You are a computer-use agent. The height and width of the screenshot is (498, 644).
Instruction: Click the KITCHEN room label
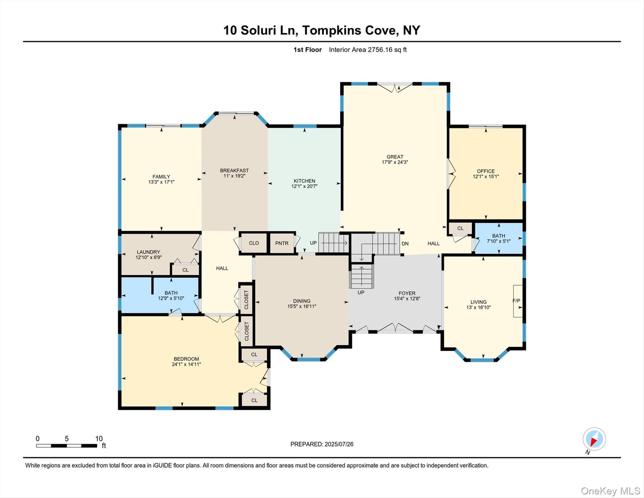(304, 181)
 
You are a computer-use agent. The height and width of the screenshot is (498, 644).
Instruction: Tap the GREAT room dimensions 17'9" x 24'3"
(395, 162)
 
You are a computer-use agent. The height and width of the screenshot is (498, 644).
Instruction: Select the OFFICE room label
(486, 171)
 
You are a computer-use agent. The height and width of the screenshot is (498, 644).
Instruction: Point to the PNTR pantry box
(282, 243)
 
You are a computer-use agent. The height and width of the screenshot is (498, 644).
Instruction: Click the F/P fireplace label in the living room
(516, 301)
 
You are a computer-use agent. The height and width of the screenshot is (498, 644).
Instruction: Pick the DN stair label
(405, 243)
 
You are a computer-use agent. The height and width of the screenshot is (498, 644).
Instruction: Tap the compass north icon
(594, 439)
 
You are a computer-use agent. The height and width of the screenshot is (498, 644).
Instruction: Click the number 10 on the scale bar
(99, 439)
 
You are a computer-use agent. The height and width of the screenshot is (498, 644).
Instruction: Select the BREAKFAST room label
(234, 171)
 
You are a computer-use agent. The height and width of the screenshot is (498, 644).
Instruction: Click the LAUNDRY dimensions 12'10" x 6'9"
(148, 257)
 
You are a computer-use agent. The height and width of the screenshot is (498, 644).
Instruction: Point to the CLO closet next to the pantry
(254, 243)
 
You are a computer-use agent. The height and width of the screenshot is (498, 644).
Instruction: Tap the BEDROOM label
(186, 359)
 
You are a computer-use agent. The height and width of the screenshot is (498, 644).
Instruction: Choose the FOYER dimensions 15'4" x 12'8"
(407, 299)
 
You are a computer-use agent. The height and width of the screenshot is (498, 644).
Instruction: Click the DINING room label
(302, 301)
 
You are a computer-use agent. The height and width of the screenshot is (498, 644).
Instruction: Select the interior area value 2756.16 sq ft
(387, 50)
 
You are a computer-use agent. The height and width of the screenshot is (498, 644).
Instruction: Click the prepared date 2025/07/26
(338, 444)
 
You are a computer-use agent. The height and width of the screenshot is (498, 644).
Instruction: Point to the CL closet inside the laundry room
(185, 270)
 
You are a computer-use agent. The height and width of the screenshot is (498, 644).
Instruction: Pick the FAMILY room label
(161, 177)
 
